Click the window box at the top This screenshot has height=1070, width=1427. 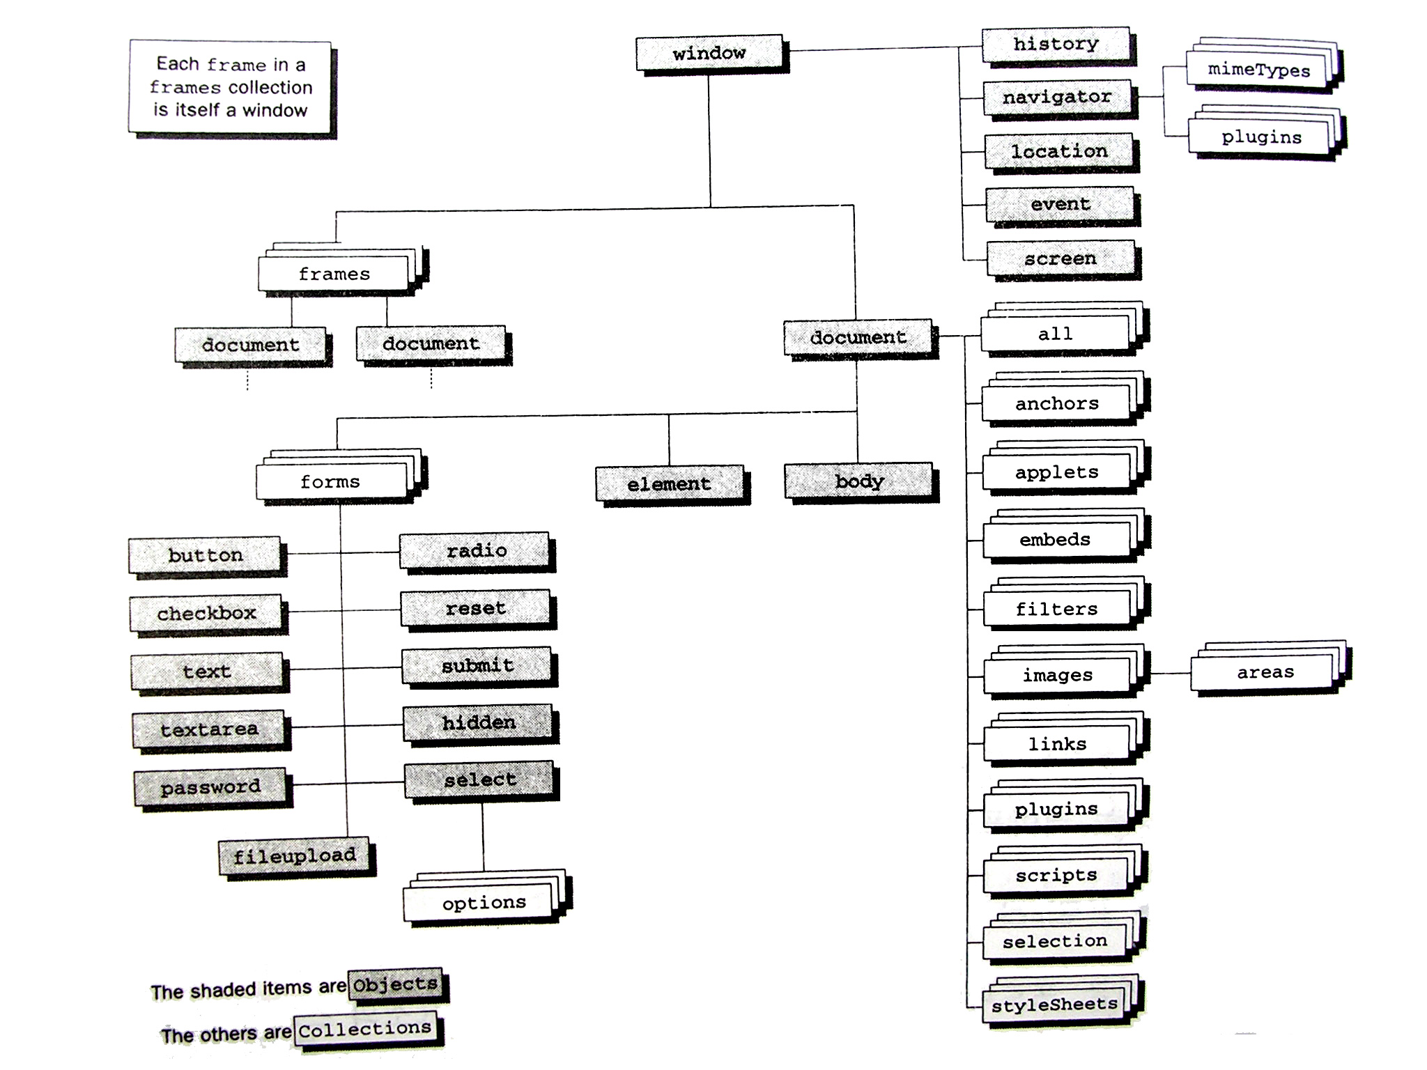pyautogui.click(x=709, y=53)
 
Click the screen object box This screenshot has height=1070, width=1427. pyautogui.click(x=1060, y=258)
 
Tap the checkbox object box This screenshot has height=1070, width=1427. pyautogui.click(x=207, y=613)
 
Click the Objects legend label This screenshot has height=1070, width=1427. pyautogui.click(x=395, y=984)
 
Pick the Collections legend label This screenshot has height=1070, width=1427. pyautogui.click(x=365, y=1029)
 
